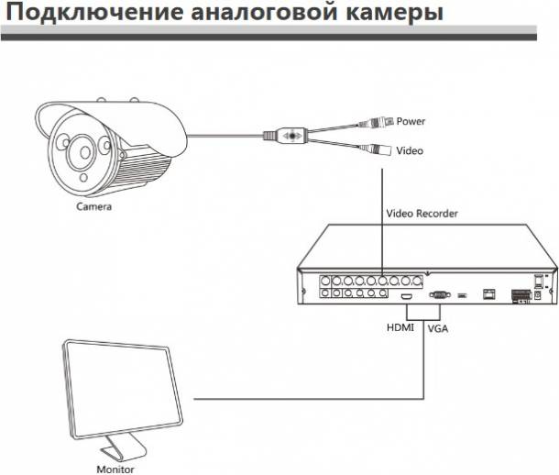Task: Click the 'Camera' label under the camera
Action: [x=93, y=208]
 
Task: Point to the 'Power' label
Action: [x=411, y=121]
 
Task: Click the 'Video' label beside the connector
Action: [x=410, y=150]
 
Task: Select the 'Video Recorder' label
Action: [x=422, y=213]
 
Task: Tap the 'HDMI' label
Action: [x=400, y=326]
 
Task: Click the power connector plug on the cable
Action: [x=378, y=120]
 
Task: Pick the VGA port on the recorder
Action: [x=437, y=295]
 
